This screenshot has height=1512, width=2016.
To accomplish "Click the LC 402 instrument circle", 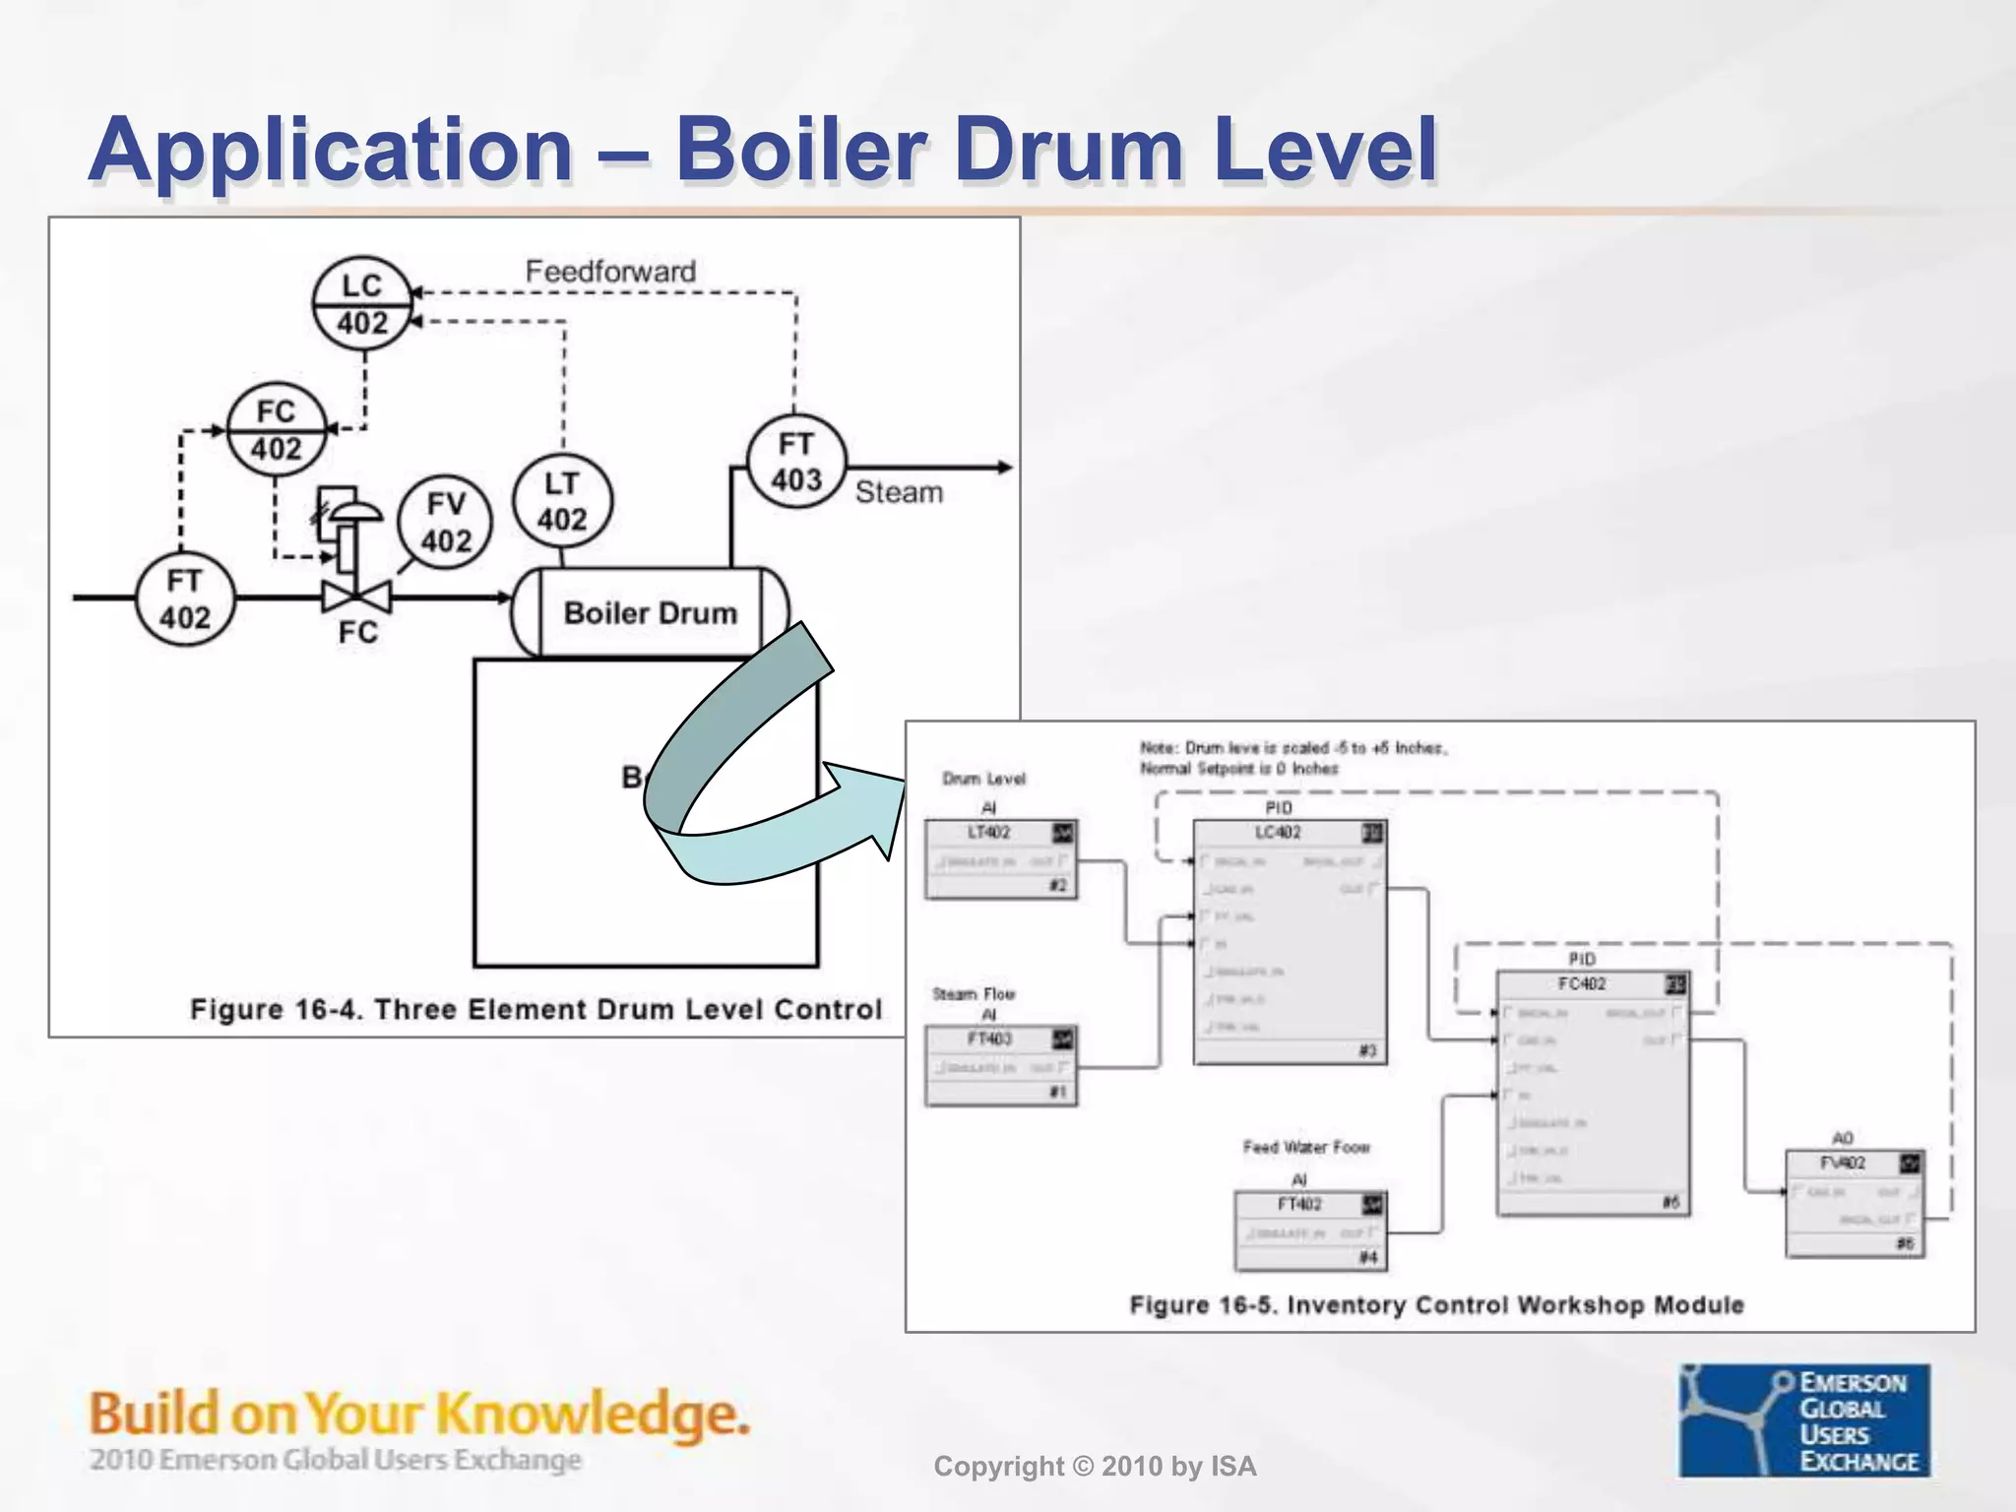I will pos(361,304).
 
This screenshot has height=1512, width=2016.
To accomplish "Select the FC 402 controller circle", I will pos(276,429).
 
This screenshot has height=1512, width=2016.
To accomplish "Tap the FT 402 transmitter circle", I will pos(185,598).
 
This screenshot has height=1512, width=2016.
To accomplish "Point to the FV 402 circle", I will pos(446,523).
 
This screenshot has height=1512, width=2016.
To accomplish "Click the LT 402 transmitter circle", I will pos(562,501).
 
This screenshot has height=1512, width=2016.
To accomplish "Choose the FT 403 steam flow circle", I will pos(796,462).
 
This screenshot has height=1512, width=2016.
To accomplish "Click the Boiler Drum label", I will pos(650,613).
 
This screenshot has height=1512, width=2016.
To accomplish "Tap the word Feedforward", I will pos(610,272).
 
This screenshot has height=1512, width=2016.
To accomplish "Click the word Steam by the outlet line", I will pos(899,492).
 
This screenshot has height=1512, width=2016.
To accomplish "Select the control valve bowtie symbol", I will pos(356,597).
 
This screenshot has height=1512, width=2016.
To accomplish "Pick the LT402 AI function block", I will pos(1000,859).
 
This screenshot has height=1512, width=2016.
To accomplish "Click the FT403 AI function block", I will pos(1000,1066).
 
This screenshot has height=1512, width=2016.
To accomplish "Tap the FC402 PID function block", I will pos(1593,1094).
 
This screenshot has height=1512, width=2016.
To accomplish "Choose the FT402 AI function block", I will pos(1310,1230).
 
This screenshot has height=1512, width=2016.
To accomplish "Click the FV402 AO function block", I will pos(1855,1204).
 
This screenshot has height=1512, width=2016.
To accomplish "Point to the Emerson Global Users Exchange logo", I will pos(1804,1420).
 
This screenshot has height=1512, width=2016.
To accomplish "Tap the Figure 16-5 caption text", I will pos(1436,1305).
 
